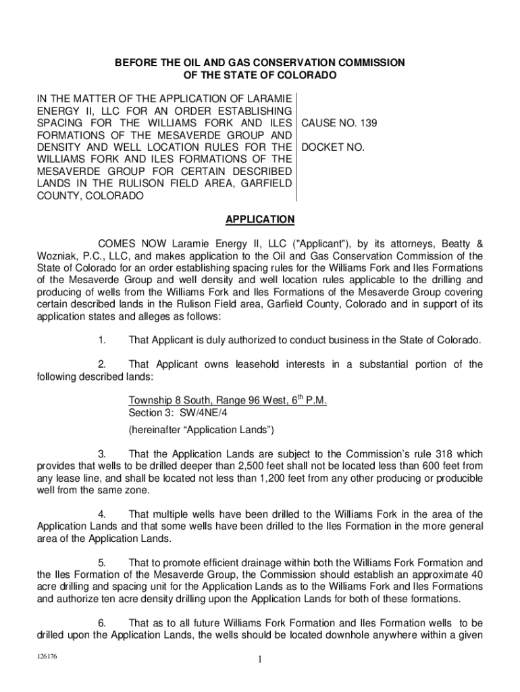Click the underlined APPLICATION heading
(260, 220)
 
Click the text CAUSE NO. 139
(339, 124)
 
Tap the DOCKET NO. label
(332, 147)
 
